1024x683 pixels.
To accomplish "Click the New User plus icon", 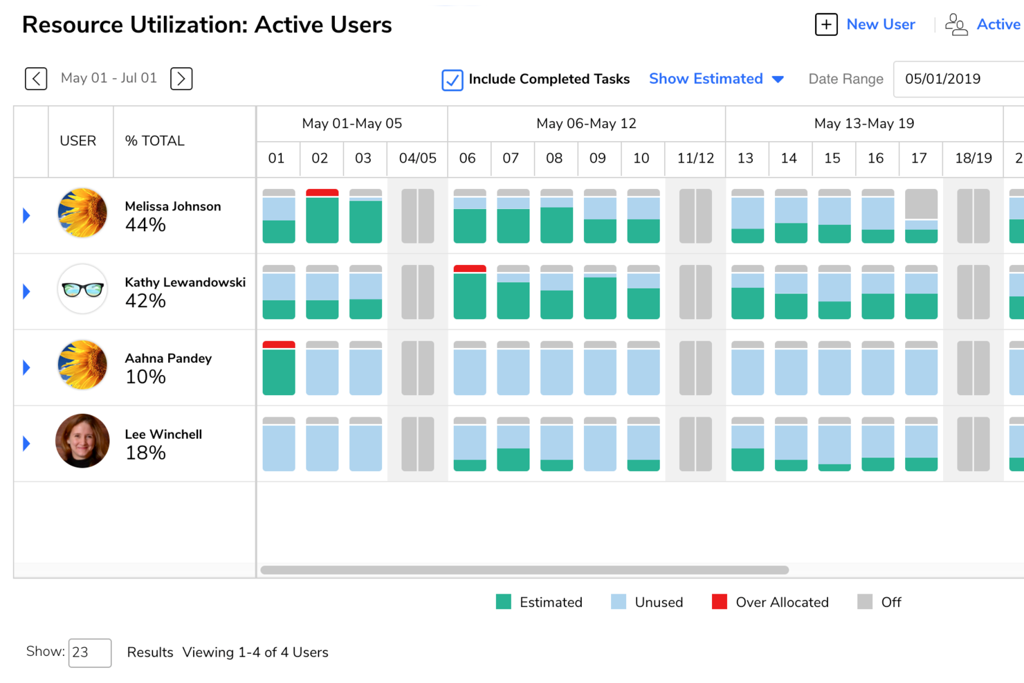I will pyautogui.click(x=826, y=25).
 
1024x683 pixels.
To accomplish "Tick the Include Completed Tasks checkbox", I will pyautogui.click(x=452, y=80).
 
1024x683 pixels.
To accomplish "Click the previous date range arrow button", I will pyautogui.click(x=36, y=79).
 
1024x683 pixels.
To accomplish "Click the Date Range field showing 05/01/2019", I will pyautogui.click(x=958, y=79).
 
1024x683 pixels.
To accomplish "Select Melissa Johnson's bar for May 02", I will pyautogui.click(x=322, y=216).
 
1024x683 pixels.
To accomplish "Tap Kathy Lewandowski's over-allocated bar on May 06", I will pyautogui.click(x=470, y=292).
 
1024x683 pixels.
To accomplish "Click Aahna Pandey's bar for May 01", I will pyautogui.click(x=279, y=368).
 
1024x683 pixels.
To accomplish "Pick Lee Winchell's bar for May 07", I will pyautogui.click(x=513, y=444).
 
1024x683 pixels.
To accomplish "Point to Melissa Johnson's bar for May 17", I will pyautogui.click(x=921, y=216).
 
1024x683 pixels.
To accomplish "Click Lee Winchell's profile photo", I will pyautogui.click(x=82, y=441).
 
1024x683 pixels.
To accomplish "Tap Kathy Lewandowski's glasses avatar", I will pyautogui.click(x=82, y=289).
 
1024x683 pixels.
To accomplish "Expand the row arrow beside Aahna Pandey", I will pyautogui.click(x=27, y=367).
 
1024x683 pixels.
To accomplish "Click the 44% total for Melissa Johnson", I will pyautogui.click(x=145, y=225).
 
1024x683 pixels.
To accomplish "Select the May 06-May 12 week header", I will pyautogui.click(x=586, y=124).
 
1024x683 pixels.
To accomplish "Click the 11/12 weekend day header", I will pyautogui.click(x=695, y=158).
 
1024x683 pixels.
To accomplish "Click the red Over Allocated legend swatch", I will pyautogui.click(x=720, y=602).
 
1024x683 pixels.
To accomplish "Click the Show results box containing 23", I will pyautogui.click(x=90, y=653).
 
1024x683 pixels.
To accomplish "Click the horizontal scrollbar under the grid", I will pyautogui.click(x=524, y=570).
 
